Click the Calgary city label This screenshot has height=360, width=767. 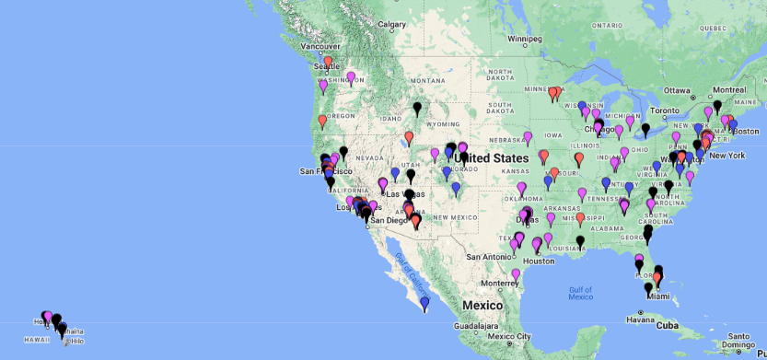click(x=392, y=24)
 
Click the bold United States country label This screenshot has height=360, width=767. click(x=491, y=158)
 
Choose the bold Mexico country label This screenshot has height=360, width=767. click(x=482, y=305)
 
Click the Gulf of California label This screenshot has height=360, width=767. click(x=403, y=266)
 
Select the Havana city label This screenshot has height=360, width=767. click(x=639, y=320)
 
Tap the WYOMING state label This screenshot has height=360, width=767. click(x=444, y=124)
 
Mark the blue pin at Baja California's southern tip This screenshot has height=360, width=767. click(x=424, y=303)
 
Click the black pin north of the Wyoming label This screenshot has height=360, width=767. click(x=417, y=109)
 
